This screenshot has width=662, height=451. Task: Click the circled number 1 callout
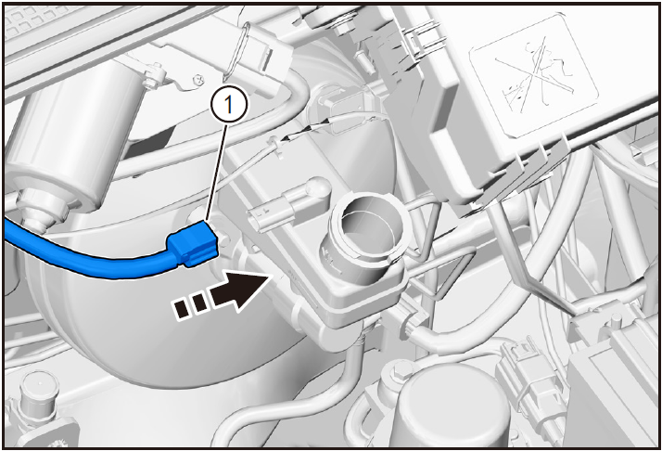(x=228, y=105)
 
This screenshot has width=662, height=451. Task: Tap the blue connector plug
(x=194, y=246)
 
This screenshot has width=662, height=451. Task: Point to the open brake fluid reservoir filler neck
(x=364, y=236)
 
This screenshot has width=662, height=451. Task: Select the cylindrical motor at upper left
(x=63, y=139)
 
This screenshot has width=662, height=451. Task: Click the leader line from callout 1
(x=218, y=173)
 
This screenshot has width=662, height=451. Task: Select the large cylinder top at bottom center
(x=454, y=406)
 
